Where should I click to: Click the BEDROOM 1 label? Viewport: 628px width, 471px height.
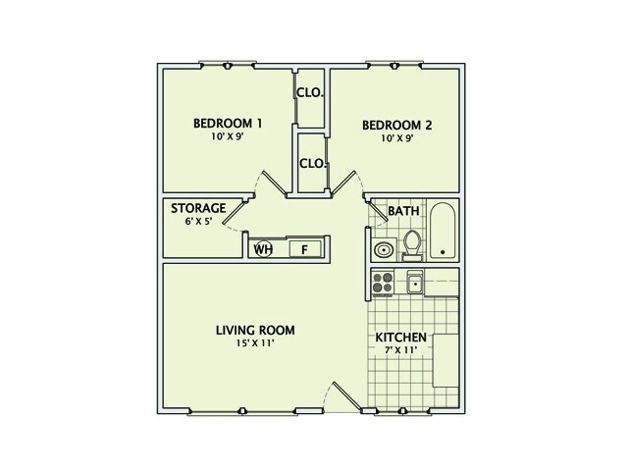[x=228, y=124]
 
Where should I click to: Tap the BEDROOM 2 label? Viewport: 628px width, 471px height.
[x=397, y=126]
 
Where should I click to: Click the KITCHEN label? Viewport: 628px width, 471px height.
[x=401, y=338]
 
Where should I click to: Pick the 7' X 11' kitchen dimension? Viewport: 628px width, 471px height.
[x=401, y=351]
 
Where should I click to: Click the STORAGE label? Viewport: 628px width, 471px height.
[x=199, y=209]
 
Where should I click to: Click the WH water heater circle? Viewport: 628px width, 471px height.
[x=263, y=249]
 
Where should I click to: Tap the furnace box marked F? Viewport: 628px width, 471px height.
[x=304, y=249]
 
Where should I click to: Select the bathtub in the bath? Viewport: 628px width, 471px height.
[x=444, y=232]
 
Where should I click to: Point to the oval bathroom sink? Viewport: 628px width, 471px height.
[x=382, y=249]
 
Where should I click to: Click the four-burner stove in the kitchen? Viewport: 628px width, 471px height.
[x=382, y=284]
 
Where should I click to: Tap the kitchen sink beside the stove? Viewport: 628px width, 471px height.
[x=415, y=284]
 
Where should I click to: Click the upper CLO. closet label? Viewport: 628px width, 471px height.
[x=312, y=95]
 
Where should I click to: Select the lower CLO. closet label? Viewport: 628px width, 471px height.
[x=312, y=163]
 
